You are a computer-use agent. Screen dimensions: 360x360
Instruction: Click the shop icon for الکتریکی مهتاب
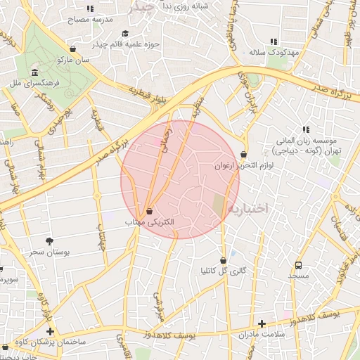tap(149, 211)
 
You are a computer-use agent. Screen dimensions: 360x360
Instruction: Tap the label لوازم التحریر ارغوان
tap(243, 166)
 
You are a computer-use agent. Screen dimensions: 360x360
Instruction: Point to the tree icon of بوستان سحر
tap(49, 240)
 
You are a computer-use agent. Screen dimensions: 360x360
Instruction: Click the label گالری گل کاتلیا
tap(224, 271)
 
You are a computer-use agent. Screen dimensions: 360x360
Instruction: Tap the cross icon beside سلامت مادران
tap(262, 324)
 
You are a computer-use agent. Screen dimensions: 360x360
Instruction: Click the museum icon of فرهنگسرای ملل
tap(34, 73)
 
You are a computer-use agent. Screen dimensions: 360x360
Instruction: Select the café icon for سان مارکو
tap(72, 49)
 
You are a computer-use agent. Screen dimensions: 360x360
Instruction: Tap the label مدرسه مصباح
tap(89, 20)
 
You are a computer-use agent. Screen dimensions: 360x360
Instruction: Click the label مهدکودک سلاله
tap(274, 53)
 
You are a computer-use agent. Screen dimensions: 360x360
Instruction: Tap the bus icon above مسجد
tap(298, 266)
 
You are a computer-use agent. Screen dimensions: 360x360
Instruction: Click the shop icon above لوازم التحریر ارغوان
tap(243, 154)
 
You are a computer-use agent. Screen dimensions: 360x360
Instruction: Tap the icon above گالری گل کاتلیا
tap(224, 260)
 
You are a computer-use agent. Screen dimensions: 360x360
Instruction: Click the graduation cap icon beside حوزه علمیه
tap(125, 33)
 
